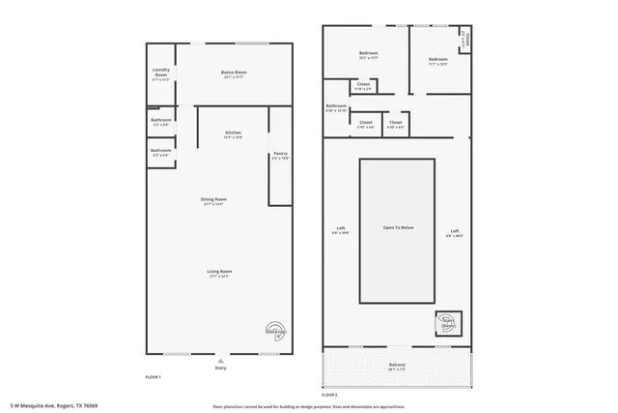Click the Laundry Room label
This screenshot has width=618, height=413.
click(160, 75)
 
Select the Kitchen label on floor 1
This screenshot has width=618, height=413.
click(233, 133)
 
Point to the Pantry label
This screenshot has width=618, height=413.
click(280, 154)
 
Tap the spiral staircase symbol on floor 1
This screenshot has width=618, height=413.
click(275, 331)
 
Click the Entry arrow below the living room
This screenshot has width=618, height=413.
click(220, 362)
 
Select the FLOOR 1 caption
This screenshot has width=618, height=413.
click(153, 376)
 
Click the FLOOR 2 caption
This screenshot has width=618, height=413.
click(329, 395)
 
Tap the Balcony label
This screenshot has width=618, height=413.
click(397, 366)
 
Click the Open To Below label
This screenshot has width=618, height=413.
click(398, 227)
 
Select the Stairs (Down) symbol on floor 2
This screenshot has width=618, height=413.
click(448, 323)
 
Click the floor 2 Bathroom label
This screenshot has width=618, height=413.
click(336, 106)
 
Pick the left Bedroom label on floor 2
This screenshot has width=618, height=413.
click(368, 53)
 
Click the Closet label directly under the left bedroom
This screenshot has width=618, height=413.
click(363, 85)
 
